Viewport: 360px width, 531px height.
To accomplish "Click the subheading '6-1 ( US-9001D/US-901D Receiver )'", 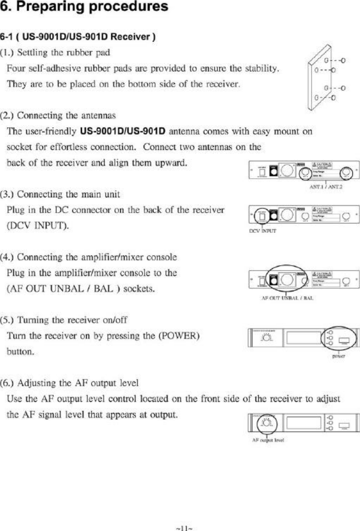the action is click(x=78, y=37).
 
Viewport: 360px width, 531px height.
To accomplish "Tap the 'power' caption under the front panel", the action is click(x=339, y=356).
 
